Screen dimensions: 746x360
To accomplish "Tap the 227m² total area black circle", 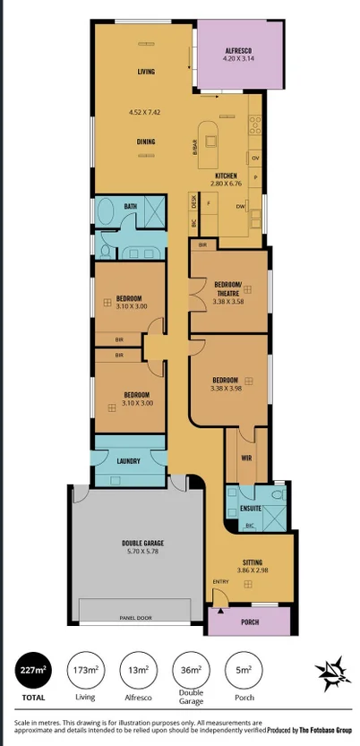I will point(33,670).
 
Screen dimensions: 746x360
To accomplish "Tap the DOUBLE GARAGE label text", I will point(142,543).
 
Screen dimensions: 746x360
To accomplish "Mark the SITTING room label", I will point(252,562).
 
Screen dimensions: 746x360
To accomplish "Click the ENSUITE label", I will point(250,509).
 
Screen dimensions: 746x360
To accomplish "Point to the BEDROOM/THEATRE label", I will point(226,287).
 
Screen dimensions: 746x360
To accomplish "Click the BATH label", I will point(131,207).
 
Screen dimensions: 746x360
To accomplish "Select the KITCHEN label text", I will point(226,176).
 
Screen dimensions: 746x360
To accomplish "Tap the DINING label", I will point(147,140).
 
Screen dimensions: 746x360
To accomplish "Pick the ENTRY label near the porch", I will point(220,582).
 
